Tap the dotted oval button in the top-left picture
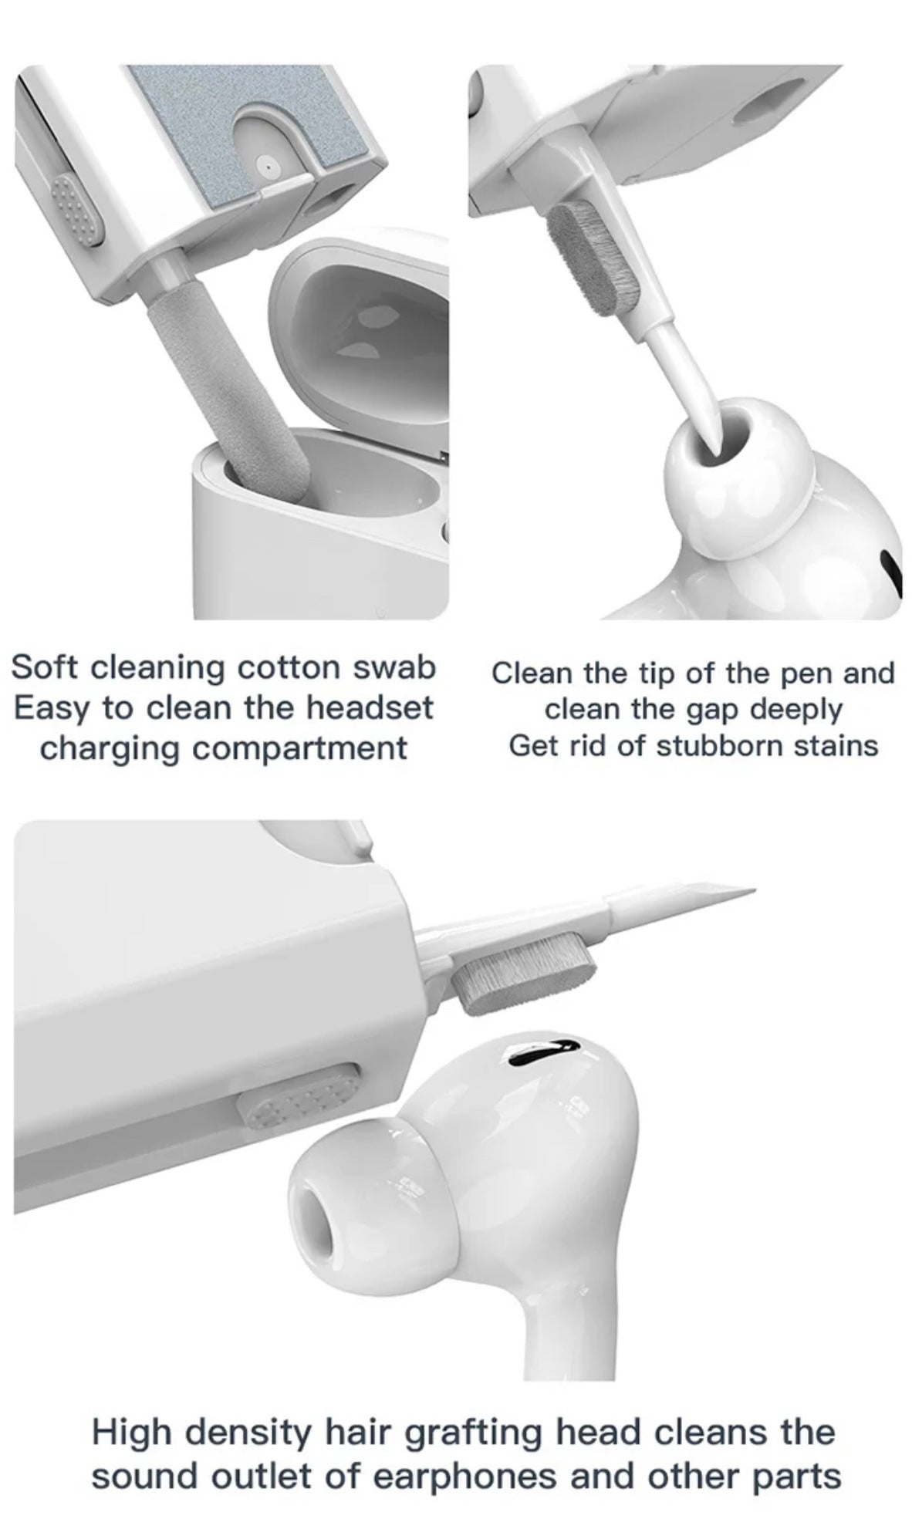(76, 209)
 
